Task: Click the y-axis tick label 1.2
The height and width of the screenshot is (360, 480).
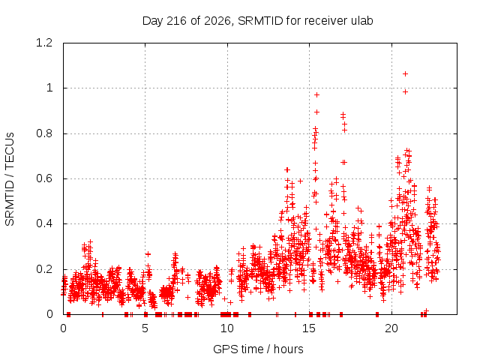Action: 44,43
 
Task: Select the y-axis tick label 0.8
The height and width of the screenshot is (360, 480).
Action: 44,133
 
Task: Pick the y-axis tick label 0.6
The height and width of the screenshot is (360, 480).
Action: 44,178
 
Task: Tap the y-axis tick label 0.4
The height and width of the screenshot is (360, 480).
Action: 44,223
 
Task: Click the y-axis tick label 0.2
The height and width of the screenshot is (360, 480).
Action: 44,269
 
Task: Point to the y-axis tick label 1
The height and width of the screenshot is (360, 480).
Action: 49,88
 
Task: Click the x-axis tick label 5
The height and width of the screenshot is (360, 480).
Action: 145,328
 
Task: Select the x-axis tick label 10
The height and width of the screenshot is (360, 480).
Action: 227,328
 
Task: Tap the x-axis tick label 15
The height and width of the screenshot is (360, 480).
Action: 309,328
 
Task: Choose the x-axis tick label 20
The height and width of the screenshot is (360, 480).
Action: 391,328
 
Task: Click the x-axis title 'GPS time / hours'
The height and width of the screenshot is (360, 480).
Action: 258,349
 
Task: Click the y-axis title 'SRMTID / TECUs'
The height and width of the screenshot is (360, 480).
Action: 10,179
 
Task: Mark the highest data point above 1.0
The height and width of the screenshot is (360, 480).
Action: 405,73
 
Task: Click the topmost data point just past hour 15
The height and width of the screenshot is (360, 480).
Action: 316,95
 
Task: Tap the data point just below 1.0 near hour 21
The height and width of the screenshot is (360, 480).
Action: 405,91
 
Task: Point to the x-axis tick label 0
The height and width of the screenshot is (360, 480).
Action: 63,328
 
